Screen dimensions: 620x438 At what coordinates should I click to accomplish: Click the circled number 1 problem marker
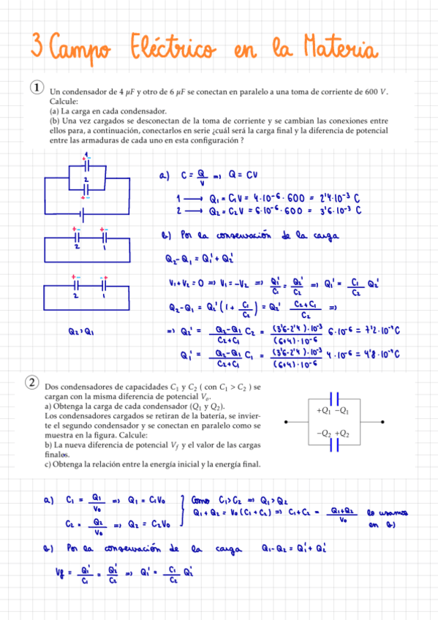tap(35, 88)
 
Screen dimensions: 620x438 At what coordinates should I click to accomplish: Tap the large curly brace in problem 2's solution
tap(181, 512)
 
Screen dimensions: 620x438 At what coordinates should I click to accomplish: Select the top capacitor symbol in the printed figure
tap(334, 398)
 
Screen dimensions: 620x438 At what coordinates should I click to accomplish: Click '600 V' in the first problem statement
tap(377, 92)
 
